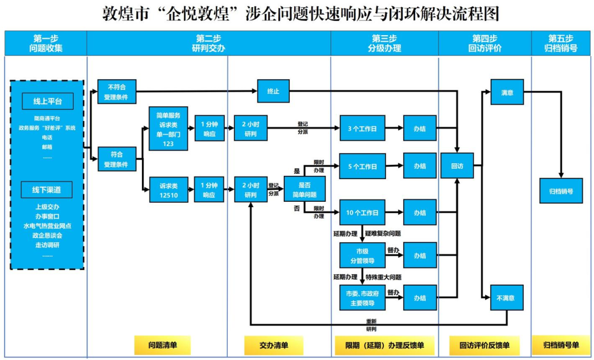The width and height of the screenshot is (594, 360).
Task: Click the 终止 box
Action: pos(273,91)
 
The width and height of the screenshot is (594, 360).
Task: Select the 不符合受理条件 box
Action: pos(117,91)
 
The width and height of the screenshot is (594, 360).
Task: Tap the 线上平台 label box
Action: pos(47,102)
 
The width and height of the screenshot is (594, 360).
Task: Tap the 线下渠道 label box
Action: pos(47,190)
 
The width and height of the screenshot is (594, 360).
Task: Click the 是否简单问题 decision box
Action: pos(304,189)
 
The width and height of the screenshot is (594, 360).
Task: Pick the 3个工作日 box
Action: pos(362,128)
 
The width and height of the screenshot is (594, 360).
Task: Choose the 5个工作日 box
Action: pos(362,166)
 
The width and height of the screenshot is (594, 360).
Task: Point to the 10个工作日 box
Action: pos(362,212)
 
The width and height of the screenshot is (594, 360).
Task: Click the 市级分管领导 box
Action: pos(362,256)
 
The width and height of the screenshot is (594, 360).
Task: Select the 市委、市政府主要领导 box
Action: pos(362,297)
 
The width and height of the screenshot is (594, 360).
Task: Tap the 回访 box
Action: pos(457,165)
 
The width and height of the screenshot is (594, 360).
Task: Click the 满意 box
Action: pos(507,92)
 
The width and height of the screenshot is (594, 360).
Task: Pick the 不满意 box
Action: pos(507,297)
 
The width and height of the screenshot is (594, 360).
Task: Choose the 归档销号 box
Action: pos(561,191)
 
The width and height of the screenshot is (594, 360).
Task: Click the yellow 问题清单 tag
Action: pos(162,345)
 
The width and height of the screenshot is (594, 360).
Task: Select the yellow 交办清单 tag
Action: pos(274,345)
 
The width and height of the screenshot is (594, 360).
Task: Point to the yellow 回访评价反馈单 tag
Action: pos(484,345)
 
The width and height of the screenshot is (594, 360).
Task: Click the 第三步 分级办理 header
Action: pos(384,43)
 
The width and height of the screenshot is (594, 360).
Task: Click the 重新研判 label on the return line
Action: pos(371,325)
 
